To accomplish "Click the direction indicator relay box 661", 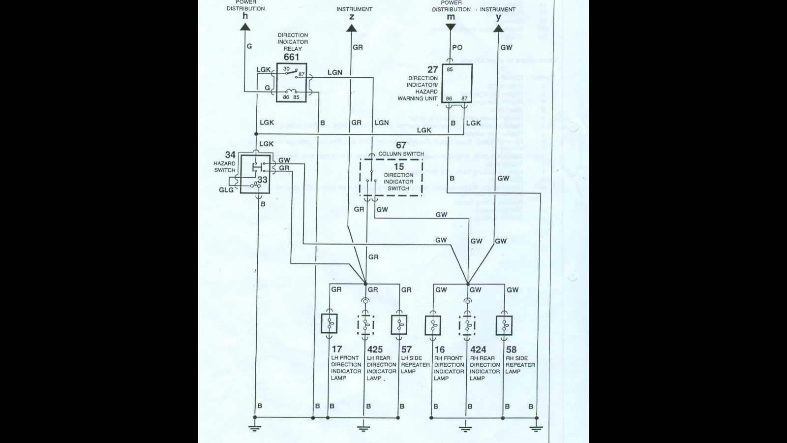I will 291,83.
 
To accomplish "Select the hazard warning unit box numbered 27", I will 457,83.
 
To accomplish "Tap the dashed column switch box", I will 391,178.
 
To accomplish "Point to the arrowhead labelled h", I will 245,27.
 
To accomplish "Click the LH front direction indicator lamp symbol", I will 329,324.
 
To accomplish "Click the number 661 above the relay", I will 291,57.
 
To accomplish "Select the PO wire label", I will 457,48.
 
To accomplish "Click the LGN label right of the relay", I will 334,72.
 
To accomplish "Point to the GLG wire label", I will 226,190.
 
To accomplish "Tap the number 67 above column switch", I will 401,145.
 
